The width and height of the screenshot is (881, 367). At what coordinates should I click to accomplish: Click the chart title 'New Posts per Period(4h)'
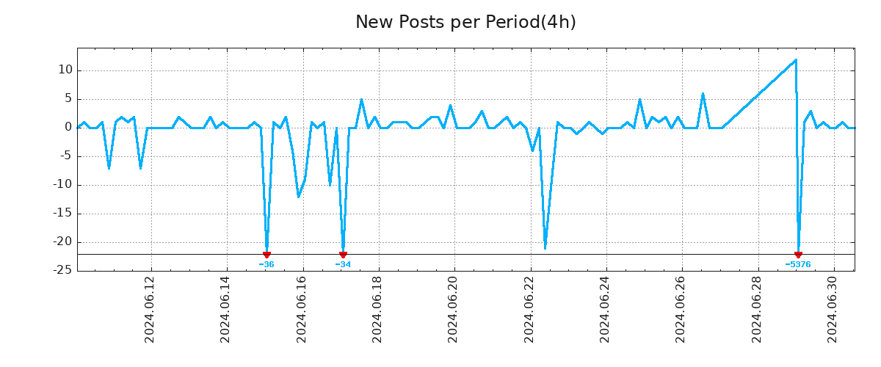click(x=465, y=22)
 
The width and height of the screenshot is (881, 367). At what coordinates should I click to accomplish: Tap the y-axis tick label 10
click(x=66, y=70)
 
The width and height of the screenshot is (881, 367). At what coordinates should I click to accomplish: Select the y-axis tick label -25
click(x=64, y=271)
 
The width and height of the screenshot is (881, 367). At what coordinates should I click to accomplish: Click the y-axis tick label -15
click(x=64, y=214)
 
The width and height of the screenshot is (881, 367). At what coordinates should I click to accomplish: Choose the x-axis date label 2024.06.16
click(x=302, y=309)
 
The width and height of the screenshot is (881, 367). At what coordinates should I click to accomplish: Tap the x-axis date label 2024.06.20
click(x=453, y=309)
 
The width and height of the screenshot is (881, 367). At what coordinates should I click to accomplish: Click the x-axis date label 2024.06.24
click(x=605, y=309)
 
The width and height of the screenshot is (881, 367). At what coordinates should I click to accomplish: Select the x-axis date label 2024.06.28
click(x=757, y=309)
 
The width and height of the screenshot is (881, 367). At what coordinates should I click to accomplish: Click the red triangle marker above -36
click(x=267, y=255)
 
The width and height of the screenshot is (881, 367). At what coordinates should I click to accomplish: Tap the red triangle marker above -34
click(x=343, y=255)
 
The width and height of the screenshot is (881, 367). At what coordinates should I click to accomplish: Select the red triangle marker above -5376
click(x=798, y=255)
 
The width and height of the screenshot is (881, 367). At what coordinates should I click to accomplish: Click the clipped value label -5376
click(x=798, y=264)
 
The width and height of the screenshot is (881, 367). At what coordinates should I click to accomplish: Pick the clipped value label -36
click(x=267, y=264)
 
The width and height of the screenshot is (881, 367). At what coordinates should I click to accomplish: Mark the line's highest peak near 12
click(x=796, y=60)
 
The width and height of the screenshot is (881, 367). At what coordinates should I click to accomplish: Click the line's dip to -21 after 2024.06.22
click(x=545, y=248)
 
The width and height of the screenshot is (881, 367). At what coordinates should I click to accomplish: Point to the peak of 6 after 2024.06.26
click(x=703, y=94)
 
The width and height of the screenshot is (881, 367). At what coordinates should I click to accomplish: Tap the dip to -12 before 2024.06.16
click(x=298, y=197)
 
